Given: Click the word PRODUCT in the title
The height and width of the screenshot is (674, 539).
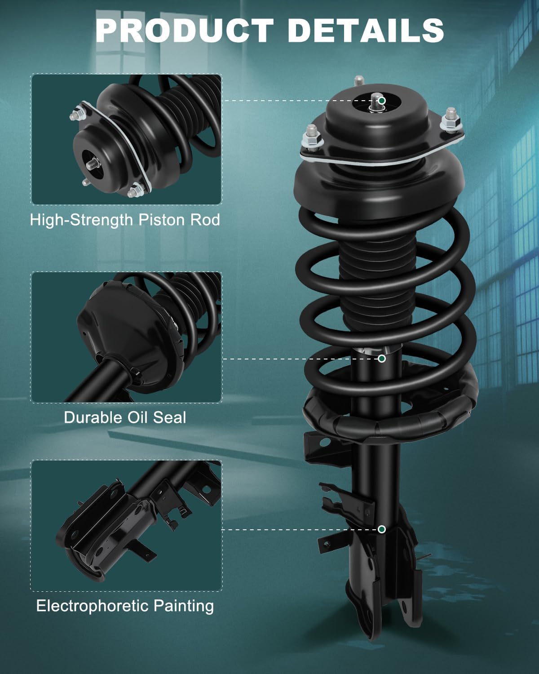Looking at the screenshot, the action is click(x=185, y=30).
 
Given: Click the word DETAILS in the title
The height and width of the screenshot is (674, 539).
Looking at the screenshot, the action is click(x=366, y=30).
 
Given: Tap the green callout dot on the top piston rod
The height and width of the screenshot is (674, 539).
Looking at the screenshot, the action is click(x=381, y=101).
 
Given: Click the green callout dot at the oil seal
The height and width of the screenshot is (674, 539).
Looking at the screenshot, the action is click(x=381, y=359).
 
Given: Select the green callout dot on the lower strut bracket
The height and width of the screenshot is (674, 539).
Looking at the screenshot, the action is click(x=381, y=529).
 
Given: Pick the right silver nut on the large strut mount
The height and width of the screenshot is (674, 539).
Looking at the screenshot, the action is click(x=451, y=120).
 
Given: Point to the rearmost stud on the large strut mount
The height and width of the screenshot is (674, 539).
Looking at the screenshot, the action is click(x=359, y=81).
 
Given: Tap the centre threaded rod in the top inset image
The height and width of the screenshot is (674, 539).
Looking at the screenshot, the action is click(x=92, y=164).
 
